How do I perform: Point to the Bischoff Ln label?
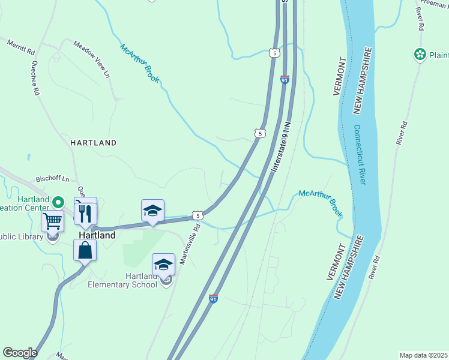[x=53, y=179]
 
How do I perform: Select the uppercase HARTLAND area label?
[x=93, y=143]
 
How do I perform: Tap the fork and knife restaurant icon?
[x=85, y=213]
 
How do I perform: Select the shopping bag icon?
[x=85, y=250]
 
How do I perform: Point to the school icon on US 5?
[x=152, y=211]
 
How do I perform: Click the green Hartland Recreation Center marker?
[x=58, y=202]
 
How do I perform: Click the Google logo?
[x=20, y=353]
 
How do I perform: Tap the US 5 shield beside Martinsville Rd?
[x=197, y=215]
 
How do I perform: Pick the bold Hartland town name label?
[x=97, y=236]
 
